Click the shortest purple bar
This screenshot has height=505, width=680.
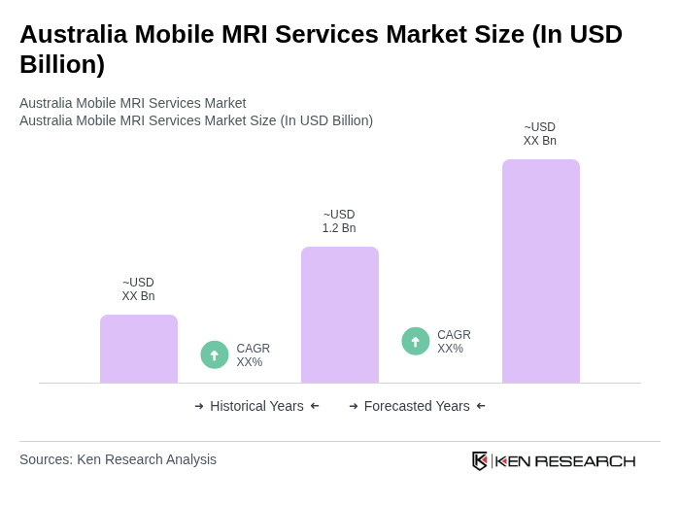click(139, 349)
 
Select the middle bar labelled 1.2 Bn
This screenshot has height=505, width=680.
click(340, 315)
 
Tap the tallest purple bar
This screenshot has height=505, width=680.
click(541, 271)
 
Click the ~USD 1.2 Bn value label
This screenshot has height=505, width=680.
click(339, 221)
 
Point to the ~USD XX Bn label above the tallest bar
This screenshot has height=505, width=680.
click(540, 134)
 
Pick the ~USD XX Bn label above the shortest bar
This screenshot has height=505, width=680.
click(138, 289)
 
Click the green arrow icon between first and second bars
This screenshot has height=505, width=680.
click(215, 354)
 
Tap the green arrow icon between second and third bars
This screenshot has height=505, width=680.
click(416, 341)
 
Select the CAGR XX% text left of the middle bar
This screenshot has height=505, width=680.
click(254, 355)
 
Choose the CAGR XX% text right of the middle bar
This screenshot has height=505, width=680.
click(454, 342)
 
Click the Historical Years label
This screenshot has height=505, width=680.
click(256, 406)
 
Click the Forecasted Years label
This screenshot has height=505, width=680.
click(417, 406)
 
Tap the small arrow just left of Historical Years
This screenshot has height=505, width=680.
click(199, 406)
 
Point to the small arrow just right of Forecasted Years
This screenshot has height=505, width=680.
click(481, 406)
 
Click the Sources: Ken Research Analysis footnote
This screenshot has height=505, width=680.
click(118, 459)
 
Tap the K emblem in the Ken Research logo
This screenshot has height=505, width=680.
click(480, 460)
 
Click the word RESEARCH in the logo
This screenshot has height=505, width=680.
click(585, 460)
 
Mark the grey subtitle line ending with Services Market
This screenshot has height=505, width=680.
click(132, 103)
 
